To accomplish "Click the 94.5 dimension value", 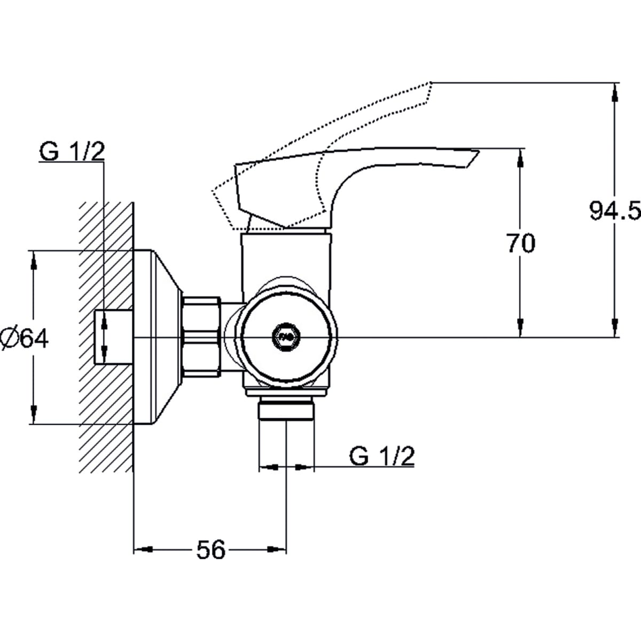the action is pyautogui.click(x=615, y=210).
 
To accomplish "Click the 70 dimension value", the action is pyautogui.click(x=521, y=243).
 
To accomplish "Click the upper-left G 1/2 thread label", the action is pyautogui.click(x=72, y=151).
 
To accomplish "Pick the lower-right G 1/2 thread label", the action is pyautogui.click(x=382, y=457).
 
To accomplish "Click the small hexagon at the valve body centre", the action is pyautogui.click(x=286, y=338).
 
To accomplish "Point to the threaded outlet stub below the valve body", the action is pyautogui.click(x=286, y=408).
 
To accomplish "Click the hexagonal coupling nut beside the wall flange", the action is pyautogui.click(x=201, y=337).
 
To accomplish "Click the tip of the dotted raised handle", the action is pyautogui.click(x=431, y=82).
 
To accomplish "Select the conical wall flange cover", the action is pyautogui.click(x=158, y=337).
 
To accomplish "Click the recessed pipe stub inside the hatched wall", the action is pyautogui.click(x=114, y=337).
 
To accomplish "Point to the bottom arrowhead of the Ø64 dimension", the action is pyautogui.click(x=34, y=415).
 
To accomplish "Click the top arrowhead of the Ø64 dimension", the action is pyautogui.click(x=34, y=260).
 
